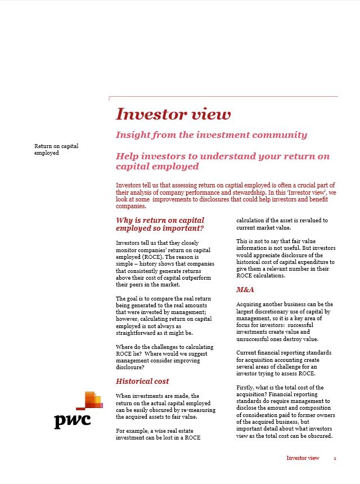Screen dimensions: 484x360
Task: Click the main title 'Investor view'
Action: coord(173,114)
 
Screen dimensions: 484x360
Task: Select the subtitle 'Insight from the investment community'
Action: coord(211,135)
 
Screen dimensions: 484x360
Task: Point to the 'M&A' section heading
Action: coord(245,290)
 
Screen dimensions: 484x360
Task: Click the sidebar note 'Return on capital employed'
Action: coord(56,149)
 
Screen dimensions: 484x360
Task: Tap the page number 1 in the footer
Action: coord(335,459)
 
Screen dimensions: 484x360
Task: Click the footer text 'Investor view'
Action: coord(303,458)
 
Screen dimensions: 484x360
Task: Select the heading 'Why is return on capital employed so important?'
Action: coord(160,224)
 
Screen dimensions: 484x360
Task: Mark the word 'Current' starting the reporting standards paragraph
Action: coord(247,353)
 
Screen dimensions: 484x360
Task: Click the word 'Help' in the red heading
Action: coord(126,156)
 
